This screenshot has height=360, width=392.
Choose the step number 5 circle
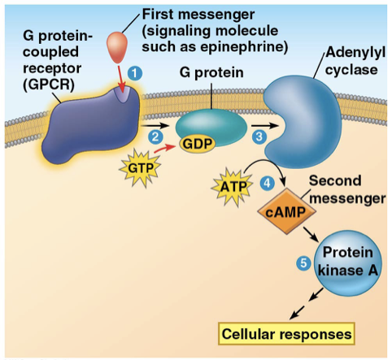(303, 264)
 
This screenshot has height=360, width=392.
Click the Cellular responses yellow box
(285, 333)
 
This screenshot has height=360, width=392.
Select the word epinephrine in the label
(249, 47)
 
